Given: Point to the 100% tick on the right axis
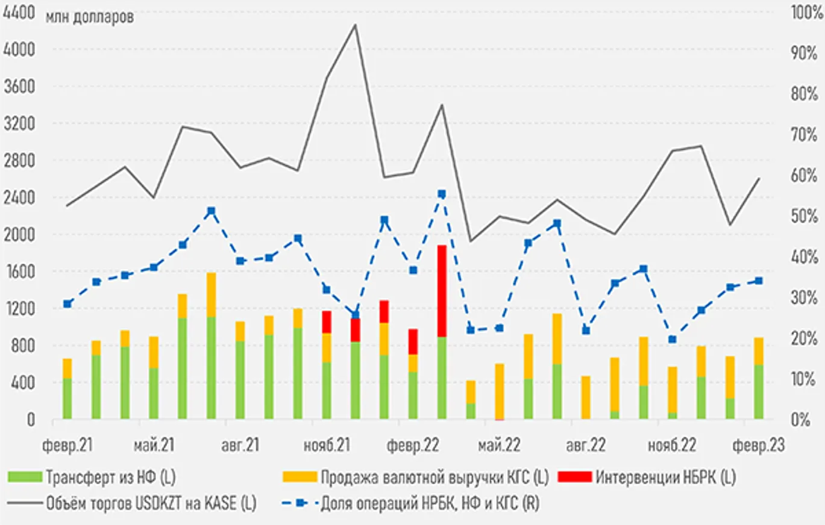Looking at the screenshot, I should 805,13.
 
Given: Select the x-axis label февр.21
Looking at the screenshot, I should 67,446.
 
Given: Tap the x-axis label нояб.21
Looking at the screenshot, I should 325,446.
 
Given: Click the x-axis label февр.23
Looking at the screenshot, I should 758,446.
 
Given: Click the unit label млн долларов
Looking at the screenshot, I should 89,17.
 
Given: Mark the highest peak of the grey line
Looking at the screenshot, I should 355,25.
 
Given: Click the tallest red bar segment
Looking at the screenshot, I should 442,291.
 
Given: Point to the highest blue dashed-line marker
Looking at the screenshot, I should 442,194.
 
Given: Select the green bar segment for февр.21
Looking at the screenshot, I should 67,399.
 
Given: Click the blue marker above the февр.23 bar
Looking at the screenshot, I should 759,281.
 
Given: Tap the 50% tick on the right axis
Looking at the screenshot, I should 805,216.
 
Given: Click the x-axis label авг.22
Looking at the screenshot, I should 585,446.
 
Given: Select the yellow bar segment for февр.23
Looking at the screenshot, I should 759,351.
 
